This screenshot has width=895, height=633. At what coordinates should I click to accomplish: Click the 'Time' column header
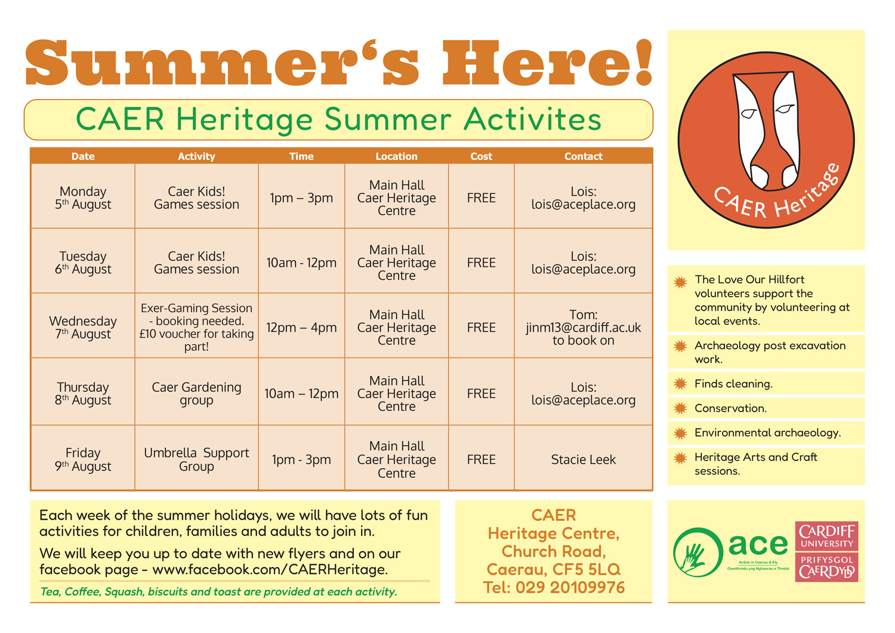[x=301, y=156]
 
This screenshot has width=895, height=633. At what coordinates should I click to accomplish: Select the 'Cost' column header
[x=481, y=156]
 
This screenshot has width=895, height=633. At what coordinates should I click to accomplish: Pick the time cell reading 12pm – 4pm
[x=301, y=328]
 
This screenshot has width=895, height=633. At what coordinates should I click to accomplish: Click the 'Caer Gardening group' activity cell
[x=196, y=394]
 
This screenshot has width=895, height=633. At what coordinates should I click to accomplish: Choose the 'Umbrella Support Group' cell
[x=196, y=459]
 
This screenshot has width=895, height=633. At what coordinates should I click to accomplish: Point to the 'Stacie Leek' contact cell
[x=584, y=459]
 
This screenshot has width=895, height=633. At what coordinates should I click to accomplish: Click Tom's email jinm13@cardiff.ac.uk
[x=584, y=328]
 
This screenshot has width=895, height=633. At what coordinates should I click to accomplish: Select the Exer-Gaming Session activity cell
[x=196, y=327]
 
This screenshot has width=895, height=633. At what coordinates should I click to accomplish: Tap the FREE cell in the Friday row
[x=481, y=459]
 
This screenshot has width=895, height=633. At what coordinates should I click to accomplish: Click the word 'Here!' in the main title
[x=547, y=63]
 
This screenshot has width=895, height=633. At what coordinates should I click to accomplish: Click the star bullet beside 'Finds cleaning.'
[x=680, y=384]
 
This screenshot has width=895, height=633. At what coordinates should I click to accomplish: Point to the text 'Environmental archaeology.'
[x=767, y=433]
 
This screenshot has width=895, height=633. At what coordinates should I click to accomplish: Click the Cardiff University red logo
[x=826, y=551]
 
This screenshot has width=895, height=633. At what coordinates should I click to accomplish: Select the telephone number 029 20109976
[x=570, y=588]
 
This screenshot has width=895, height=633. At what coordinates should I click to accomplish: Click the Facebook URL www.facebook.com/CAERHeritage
[x=270, y=569]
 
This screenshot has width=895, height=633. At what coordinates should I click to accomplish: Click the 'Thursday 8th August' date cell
[x=83, y=394]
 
